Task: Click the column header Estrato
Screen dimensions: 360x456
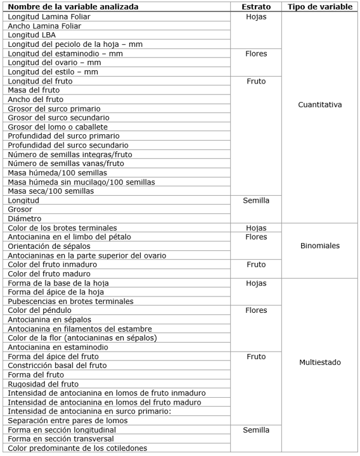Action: [x=255, y=7]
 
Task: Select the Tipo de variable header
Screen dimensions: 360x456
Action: [x=319, y=7]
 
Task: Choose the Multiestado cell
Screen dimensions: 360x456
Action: [x=319, y=362]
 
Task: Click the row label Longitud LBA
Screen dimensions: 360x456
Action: [x=32, y=35]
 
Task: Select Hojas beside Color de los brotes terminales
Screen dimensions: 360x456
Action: [x=255, y=227]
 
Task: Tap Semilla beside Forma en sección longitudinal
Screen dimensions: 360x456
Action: [x=255, y=430]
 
